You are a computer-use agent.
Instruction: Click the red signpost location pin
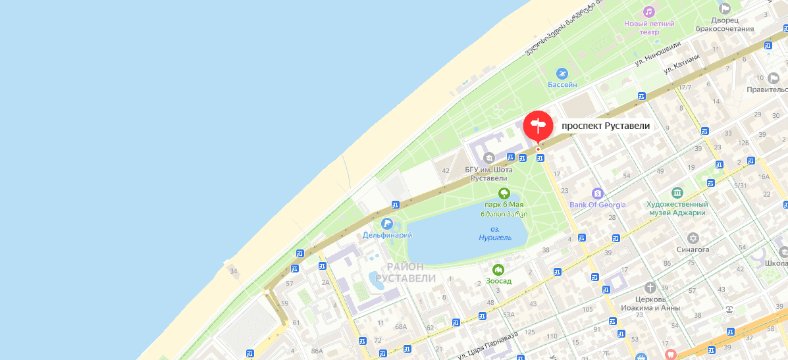(538, 125)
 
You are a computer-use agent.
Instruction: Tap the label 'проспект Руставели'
(606, 126)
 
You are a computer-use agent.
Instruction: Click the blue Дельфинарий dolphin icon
(386, 224)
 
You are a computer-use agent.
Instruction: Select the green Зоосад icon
(498, 269)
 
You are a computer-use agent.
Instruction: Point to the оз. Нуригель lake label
(495, 234)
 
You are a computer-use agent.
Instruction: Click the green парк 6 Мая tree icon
(504, 193)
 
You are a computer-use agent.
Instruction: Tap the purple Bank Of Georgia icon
(597, 193)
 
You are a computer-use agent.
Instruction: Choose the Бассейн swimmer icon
(562, 73)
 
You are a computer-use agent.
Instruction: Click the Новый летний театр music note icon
(649, 12)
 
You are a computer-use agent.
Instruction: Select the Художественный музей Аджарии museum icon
(677, 193)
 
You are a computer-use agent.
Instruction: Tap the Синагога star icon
(693, 238)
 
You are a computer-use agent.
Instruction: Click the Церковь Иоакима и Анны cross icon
(650, 288)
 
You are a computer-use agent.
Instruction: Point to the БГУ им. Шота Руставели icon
(488, 157)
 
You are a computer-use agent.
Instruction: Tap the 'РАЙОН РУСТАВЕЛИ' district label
(406, 272)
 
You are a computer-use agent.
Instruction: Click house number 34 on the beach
(233, 271)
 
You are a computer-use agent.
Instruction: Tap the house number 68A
(401, 327)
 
